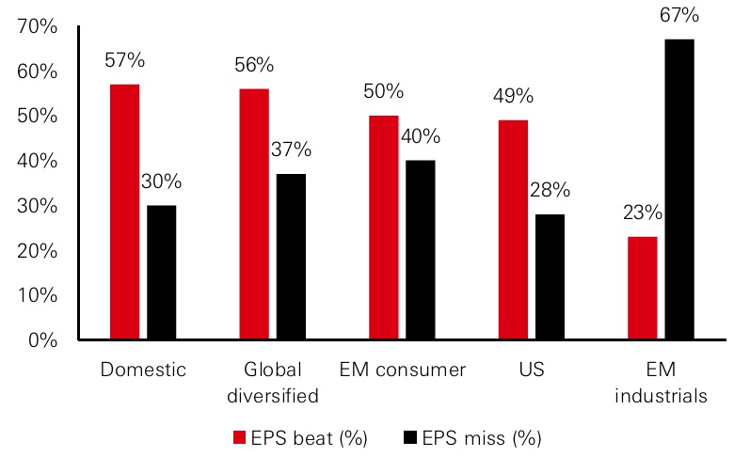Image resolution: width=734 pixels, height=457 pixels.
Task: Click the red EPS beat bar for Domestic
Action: click(124, 212)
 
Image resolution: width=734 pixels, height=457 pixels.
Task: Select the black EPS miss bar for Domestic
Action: click(161, 272)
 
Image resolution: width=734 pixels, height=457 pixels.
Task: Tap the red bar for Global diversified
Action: click(254, 213)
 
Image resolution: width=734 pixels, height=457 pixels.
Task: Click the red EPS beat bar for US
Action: click(512, 229)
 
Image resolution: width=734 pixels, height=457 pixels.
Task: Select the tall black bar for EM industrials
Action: click(678, 189)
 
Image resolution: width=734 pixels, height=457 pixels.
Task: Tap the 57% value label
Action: click(125, 61)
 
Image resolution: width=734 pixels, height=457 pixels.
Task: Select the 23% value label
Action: click(642, 213)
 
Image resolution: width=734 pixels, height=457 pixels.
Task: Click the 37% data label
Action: click(291, 150)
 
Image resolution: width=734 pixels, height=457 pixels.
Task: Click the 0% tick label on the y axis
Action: click(43, 339)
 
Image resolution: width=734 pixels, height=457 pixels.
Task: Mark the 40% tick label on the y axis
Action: click(38, 161)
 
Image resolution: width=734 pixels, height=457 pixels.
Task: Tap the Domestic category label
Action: click(143, 370)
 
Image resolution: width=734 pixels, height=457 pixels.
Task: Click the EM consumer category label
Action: click(403, 370)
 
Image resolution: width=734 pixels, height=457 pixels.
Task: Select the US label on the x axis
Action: click(532, 370)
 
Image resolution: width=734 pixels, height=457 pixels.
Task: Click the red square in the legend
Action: click(239, 437)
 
